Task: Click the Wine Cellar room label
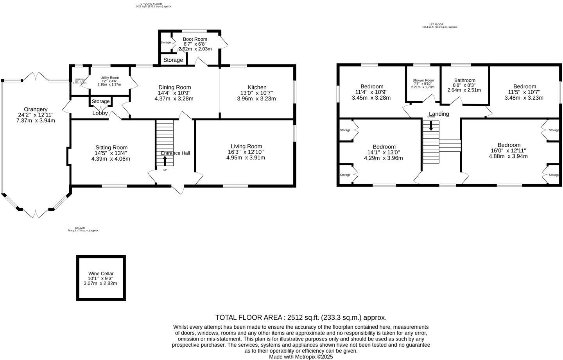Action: tap(101, 274)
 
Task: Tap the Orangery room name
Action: tap(36, 109)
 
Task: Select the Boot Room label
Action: tap(195, 39)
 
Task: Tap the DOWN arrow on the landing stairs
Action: tap(431, 126)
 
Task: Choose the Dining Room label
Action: tap(174, 87)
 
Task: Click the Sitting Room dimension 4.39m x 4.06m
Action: tap(111, 159)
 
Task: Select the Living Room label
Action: tap(246, 146)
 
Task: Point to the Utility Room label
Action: tap(109, 78)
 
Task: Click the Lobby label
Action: tap(100, 113)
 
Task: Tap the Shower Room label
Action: tap(423, 81)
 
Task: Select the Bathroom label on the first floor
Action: tap(464, 80)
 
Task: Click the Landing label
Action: tap(439, 114)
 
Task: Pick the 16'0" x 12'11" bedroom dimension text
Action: tap(508, 150)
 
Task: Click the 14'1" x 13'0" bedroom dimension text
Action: tap(384, 152)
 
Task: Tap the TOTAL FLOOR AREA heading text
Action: tap(301, 317)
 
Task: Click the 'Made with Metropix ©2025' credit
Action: tap(301, 356)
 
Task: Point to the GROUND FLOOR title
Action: tap(151, 4)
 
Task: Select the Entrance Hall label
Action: tap(175, 153)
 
